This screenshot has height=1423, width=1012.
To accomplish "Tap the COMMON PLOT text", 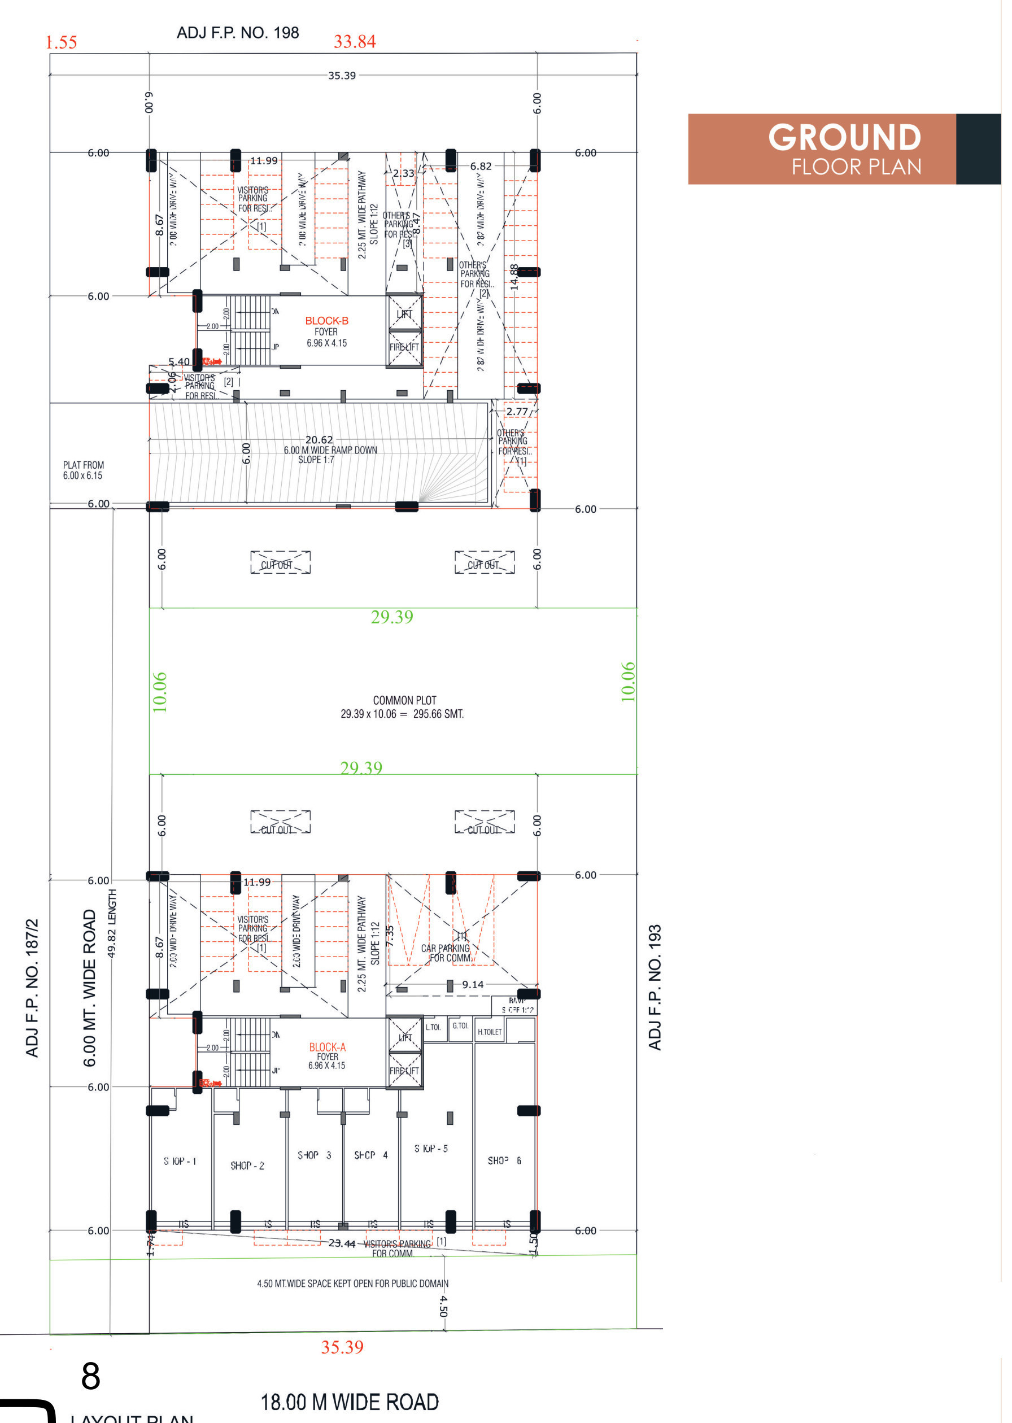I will pos(404,700).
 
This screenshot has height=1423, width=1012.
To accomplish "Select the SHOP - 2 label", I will pos(247,1166).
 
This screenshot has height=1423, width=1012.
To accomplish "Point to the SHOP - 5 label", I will pos(431,1148).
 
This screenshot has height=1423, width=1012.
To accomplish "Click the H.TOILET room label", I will pos(489,1032).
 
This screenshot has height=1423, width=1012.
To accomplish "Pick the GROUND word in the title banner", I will pos(844,137).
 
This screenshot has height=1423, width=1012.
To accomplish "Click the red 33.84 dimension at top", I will pos(355,42).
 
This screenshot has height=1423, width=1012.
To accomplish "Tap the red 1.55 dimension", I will pos(61,42).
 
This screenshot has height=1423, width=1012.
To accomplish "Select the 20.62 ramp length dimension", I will pos(319,440).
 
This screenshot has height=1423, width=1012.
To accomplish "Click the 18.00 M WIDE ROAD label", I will pos(350,1403).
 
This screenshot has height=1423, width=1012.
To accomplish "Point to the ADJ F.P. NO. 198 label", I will pos(238,33).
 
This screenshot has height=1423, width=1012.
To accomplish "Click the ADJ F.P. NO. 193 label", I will pos(655,987).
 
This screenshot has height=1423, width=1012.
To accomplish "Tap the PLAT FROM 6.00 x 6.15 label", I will pos(84,470).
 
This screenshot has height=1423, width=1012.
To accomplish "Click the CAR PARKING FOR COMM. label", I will pos(446,953).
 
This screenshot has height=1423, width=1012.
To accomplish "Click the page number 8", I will pos(90,1376).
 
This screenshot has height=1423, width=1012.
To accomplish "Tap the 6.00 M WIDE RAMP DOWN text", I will pos(330,451).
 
